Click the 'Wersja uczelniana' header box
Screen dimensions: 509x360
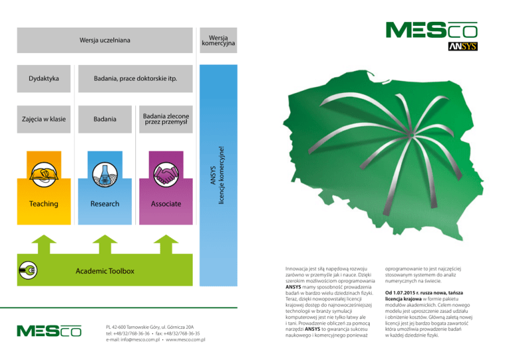(105, 40)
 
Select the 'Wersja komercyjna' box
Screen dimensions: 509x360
(218, 40)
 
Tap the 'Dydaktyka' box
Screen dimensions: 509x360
(44, 78)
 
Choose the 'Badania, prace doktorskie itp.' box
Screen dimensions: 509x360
(135, 78)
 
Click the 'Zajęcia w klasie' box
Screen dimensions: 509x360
(44, 119)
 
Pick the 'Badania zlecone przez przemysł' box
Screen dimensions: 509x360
(166, 119)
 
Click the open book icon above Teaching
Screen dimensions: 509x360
(44, 174)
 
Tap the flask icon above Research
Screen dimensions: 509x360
(105, 174)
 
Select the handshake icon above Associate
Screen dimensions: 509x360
(166, 174)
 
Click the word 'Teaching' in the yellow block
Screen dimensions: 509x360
(44, 204)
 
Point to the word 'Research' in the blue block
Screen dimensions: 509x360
(105, 204)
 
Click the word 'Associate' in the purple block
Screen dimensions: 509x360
(166, 204)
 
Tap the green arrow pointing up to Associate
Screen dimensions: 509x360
(166, 245)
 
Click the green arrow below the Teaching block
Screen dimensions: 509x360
(44, 245)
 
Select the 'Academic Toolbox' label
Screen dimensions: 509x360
(105, 271)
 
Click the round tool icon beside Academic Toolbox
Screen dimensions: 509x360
(28, 270)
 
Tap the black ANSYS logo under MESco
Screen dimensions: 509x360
(463, 46)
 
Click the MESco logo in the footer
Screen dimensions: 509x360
(49, 331)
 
